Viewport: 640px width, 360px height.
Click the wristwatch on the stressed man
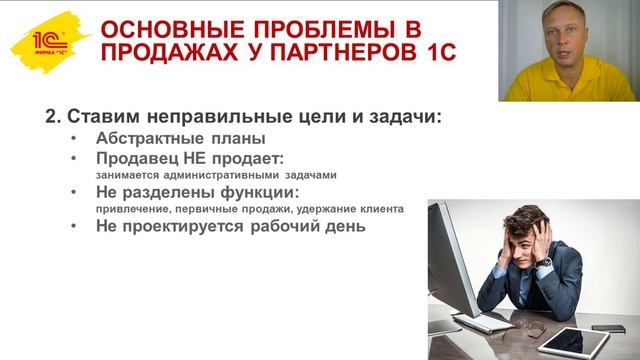coord(543,262)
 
